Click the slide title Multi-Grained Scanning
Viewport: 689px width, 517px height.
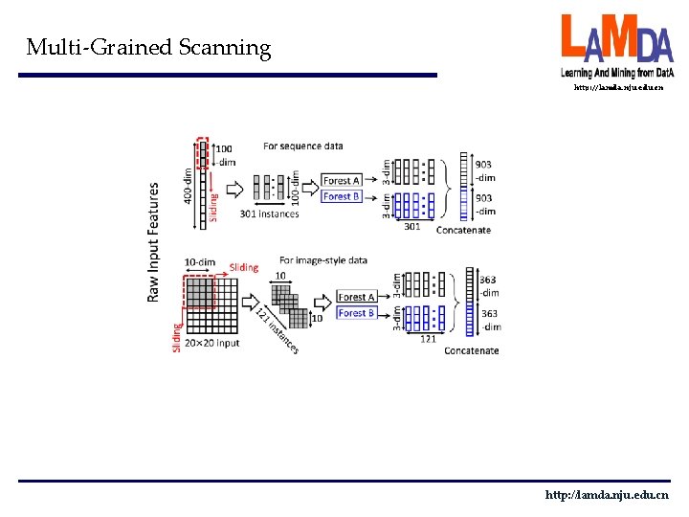pos(148,47)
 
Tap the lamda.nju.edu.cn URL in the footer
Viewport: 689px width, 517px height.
pos(607,495)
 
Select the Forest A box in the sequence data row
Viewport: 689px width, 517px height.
pos(342,181)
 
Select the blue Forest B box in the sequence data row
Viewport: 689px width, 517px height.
pos(342,196)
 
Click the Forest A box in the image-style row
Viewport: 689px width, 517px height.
pos(356,297)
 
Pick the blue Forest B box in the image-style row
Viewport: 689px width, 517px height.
pos(356,313)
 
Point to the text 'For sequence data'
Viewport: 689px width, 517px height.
pos(303,146)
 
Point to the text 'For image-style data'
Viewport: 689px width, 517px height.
pos(322,259)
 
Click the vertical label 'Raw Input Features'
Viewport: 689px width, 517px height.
pos(153,242)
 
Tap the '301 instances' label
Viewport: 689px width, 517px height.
pos(269,214)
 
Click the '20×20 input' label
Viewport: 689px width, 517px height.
pos(213,343)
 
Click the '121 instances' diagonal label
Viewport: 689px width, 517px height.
pos(278,330)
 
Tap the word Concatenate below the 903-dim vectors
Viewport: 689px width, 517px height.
pos(463,230)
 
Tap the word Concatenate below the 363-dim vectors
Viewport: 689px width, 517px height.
pos(471,350)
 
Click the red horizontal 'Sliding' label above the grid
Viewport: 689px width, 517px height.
pos(244,267)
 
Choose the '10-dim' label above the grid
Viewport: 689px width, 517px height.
pos(201,262)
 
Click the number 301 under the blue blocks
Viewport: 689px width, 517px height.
pos(412,227)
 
